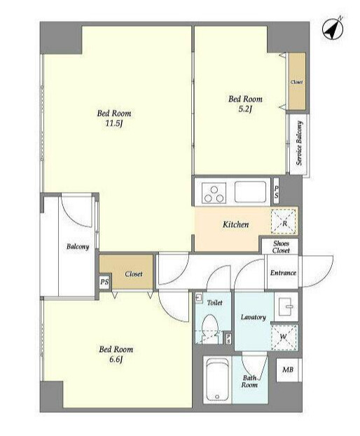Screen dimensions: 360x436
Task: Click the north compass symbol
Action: click(333, 29)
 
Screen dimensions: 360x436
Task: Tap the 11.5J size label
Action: click(114, 123)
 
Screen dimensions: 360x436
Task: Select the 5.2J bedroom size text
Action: click(245, 109)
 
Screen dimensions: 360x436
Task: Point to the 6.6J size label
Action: click(116, 360)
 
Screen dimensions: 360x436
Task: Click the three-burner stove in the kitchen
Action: click(214, 193)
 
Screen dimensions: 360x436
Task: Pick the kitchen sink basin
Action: click(250, 192)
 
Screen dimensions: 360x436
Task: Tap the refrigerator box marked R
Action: click(284, 222)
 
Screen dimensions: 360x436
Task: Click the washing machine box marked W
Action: click(284, 337)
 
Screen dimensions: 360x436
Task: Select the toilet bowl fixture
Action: click(209, 328)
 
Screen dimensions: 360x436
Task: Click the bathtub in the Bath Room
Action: click(218, 380)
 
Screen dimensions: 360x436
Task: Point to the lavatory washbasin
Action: click(286, 307)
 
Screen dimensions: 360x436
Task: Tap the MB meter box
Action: click(288, 370)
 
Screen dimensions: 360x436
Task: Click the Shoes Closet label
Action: click(281, 247)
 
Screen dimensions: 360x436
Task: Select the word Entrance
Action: click(283, 273)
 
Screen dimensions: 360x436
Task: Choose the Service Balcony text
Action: click(299, 143)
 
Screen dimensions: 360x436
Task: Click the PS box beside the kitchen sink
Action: click(276, 192)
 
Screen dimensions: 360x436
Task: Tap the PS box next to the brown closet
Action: click(104, 282)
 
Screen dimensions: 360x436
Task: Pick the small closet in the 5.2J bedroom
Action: click(297, 81)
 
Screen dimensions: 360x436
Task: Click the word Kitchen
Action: click(235, 224)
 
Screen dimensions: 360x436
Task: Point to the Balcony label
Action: click(78, 247)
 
